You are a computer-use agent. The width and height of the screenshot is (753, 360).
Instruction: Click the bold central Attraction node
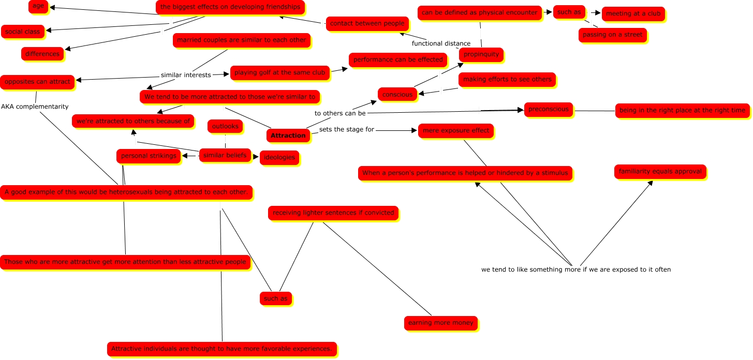pyautogui.click(x=288, y=136)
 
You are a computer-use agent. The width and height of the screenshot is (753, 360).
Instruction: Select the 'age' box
pyautogui.click(x=38, y=7)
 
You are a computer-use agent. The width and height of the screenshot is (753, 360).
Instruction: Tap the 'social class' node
pyautogui.click(x=22, y=32)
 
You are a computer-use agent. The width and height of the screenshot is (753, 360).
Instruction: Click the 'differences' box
pyautogui.click(x=42, y=53)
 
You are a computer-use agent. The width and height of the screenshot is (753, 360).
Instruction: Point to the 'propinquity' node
pyautogui.click(x=481, y=54)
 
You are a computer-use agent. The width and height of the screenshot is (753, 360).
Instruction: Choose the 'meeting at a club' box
pyautogui.click(x=633, y=13)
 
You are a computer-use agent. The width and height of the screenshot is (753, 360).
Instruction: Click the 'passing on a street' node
pyautogui.click(x=612, y=35)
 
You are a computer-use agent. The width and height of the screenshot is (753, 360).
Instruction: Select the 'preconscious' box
pyautogui.click(x=549, y=109)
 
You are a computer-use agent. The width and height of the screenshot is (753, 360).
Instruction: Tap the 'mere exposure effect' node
pyautogui.click(x=456, y=130)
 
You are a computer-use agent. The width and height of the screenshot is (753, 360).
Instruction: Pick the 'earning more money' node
pyautogui.click(x=441, y=323)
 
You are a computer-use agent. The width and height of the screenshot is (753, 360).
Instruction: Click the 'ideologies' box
pyautogui.click(x=279, y=157)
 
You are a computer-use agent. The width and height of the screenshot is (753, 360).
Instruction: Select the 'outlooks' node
pyautogui.click(x=225, y=126)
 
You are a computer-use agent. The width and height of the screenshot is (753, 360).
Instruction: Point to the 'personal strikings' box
pyautogui.click(x=149, y=156)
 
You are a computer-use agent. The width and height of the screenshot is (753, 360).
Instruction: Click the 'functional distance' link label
pyautogui.click(x=441, y=43)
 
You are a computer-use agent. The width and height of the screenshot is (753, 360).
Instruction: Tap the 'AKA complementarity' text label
pyautogui.click(x=35, y=107)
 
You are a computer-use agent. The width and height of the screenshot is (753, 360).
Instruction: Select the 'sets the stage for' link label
pyautogui.click(x=346, y=129)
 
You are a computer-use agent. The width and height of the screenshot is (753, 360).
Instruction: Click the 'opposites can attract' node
pyautogui.click(x=37, y=81)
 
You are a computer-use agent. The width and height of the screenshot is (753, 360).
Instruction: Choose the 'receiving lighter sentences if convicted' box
pyautogui.click(x=333, y=213)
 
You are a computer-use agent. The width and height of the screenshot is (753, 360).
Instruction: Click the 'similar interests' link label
pyautogui.click(x=186, y=75)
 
